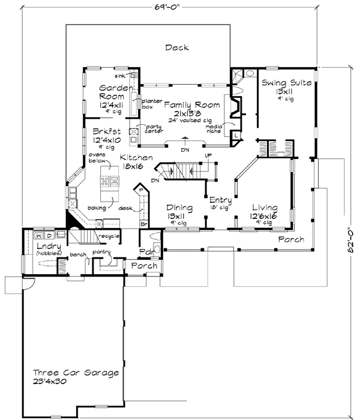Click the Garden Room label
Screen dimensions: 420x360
[x=112, y=91]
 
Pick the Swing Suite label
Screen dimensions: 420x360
[x=286, y=83]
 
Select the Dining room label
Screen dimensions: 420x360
[x=179, y=208]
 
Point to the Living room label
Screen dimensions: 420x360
[x=264, y=208]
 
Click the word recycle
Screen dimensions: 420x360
[x=111, y=235]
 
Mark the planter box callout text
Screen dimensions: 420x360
[x=148, y=104]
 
